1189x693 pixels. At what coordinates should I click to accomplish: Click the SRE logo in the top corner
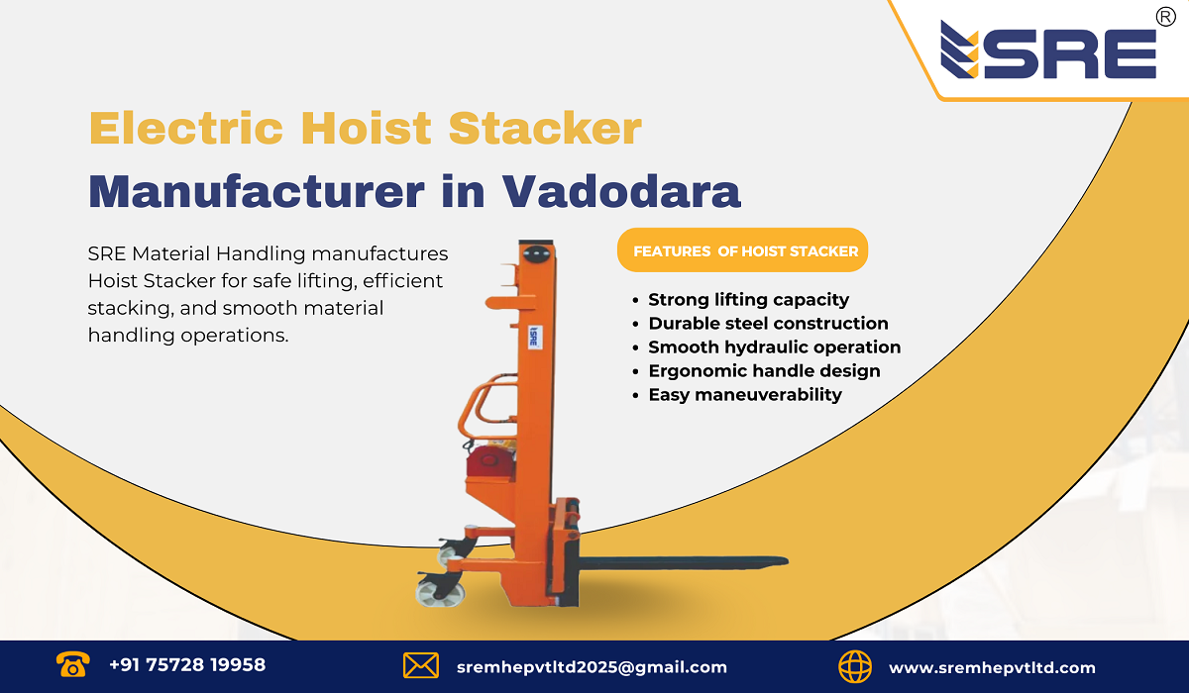point(1047,51)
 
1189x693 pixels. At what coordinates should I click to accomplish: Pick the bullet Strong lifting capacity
point(748,299)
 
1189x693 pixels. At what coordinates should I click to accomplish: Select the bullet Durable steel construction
point(768,323)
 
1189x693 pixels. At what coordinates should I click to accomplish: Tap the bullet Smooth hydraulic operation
point(774,346)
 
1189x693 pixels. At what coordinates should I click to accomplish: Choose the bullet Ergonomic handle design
point(764,370)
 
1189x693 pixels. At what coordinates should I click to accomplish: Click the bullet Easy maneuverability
point(744,394)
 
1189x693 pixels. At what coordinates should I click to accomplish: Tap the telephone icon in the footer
point(72,664)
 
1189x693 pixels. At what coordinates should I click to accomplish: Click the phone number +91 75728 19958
point(187,665)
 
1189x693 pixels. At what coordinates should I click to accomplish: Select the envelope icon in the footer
point(421,665)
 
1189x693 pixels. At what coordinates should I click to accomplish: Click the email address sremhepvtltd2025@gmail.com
point(592,667)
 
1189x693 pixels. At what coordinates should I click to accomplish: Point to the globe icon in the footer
point(855,665)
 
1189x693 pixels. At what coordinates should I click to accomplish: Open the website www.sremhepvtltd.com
point(992,667)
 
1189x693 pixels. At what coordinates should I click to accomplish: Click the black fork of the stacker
point(684,562)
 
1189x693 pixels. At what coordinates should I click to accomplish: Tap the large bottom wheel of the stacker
point(439,593)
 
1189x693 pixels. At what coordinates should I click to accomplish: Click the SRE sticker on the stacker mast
point(532,336)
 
